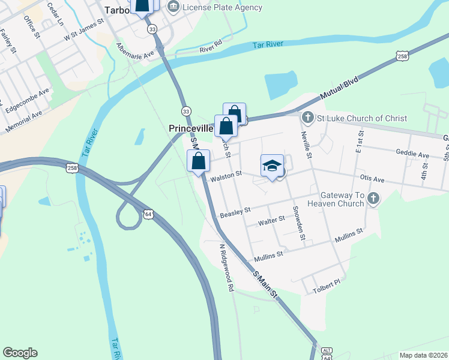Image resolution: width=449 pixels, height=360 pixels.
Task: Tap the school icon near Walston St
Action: (x=272, y=166)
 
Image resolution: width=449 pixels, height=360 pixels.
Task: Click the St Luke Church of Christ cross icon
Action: (x=307, y=118)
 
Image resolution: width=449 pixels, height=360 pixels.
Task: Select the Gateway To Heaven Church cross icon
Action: (x=373, y=199)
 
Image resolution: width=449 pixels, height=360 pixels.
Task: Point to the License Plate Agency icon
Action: (x=173, y=7)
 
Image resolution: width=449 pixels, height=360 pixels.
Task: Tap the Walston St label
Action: (x=225, y=175)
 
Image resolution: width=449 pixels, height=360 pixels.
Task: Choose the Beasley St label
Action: (x=235, y=211)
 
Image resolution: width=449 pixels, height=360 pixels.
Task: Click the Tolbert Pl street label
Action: (x=327, y=290)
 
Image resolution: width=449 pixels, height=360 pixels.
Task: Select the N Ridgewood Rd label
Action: (x=226, y=268)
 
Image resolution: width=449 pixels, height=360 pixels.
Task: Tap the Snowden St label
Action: (x=299, y=223)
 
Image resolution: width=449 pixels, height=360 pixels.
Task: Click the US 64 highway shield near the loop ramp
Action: (x=148, y=214)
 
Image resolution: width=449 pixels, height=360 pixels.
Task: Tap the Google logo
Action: (x=20, y=353)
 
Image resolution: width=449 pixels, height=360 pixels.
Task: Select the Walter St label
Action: (x=271, y=221)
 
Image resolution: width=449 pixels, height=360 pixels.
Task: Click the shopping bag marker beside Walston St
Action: (x=198, y=161)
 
